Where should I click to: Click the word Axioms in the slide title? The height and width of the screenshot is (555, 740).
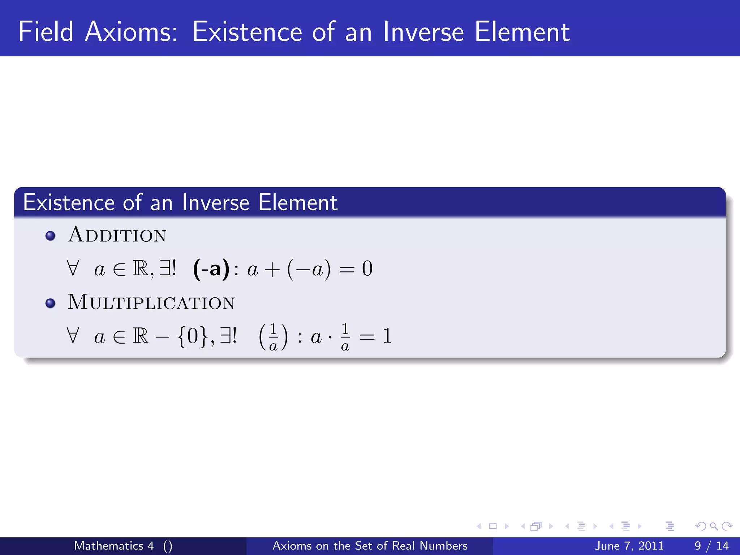[131, 32]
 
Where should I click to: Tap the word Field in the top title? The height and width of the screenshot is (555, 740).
[46, 32]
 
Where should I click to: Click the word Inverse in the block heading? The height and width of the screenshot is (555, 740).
[215, 202]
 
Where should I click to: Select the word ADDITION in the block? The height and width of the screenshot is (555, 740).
[117, 235]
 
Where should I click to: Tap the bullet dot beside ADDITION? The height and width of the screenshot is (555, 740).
[51, 236]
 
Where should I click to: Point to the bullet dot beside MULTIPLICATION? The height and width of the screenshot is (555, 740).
[51, 303]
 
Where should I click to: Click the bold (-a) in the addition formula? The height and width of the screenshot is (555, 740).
[211, 269]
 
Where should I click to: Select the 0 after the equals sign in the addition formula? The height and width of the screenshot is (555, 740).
[367, 269]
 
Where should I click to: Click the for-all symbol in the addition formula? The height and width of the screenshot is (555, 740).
[73, 269]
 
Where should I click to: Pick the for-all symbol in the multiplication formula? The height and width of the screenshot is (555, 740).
[73, 336]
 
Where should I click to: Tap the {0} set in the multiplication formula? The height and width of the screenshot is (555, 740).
[193, 336]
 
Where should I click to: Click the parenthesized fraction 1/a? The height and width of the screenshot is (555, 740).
[274, 337]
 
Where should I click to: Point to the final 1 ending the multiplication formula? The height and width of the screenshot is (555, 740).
[387, 336]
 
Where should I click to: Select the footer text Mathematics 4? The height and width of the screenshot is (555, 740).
[114, 546]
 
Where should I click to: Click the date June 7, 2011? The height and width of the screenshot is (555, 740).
[629, 546]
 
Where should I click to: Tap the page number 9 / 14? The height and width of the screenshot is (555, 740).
[711, 546]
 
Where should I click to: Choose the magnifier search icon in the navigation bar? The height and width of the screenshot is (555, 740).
[714, 526]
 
